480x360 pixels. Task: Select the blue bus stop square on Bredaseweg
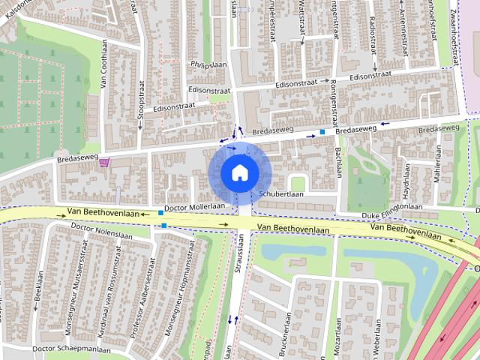point(322,133)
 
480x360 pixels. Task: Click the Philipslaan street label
point(208,65)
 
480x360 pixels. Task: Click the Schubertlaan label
point(281,193)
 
